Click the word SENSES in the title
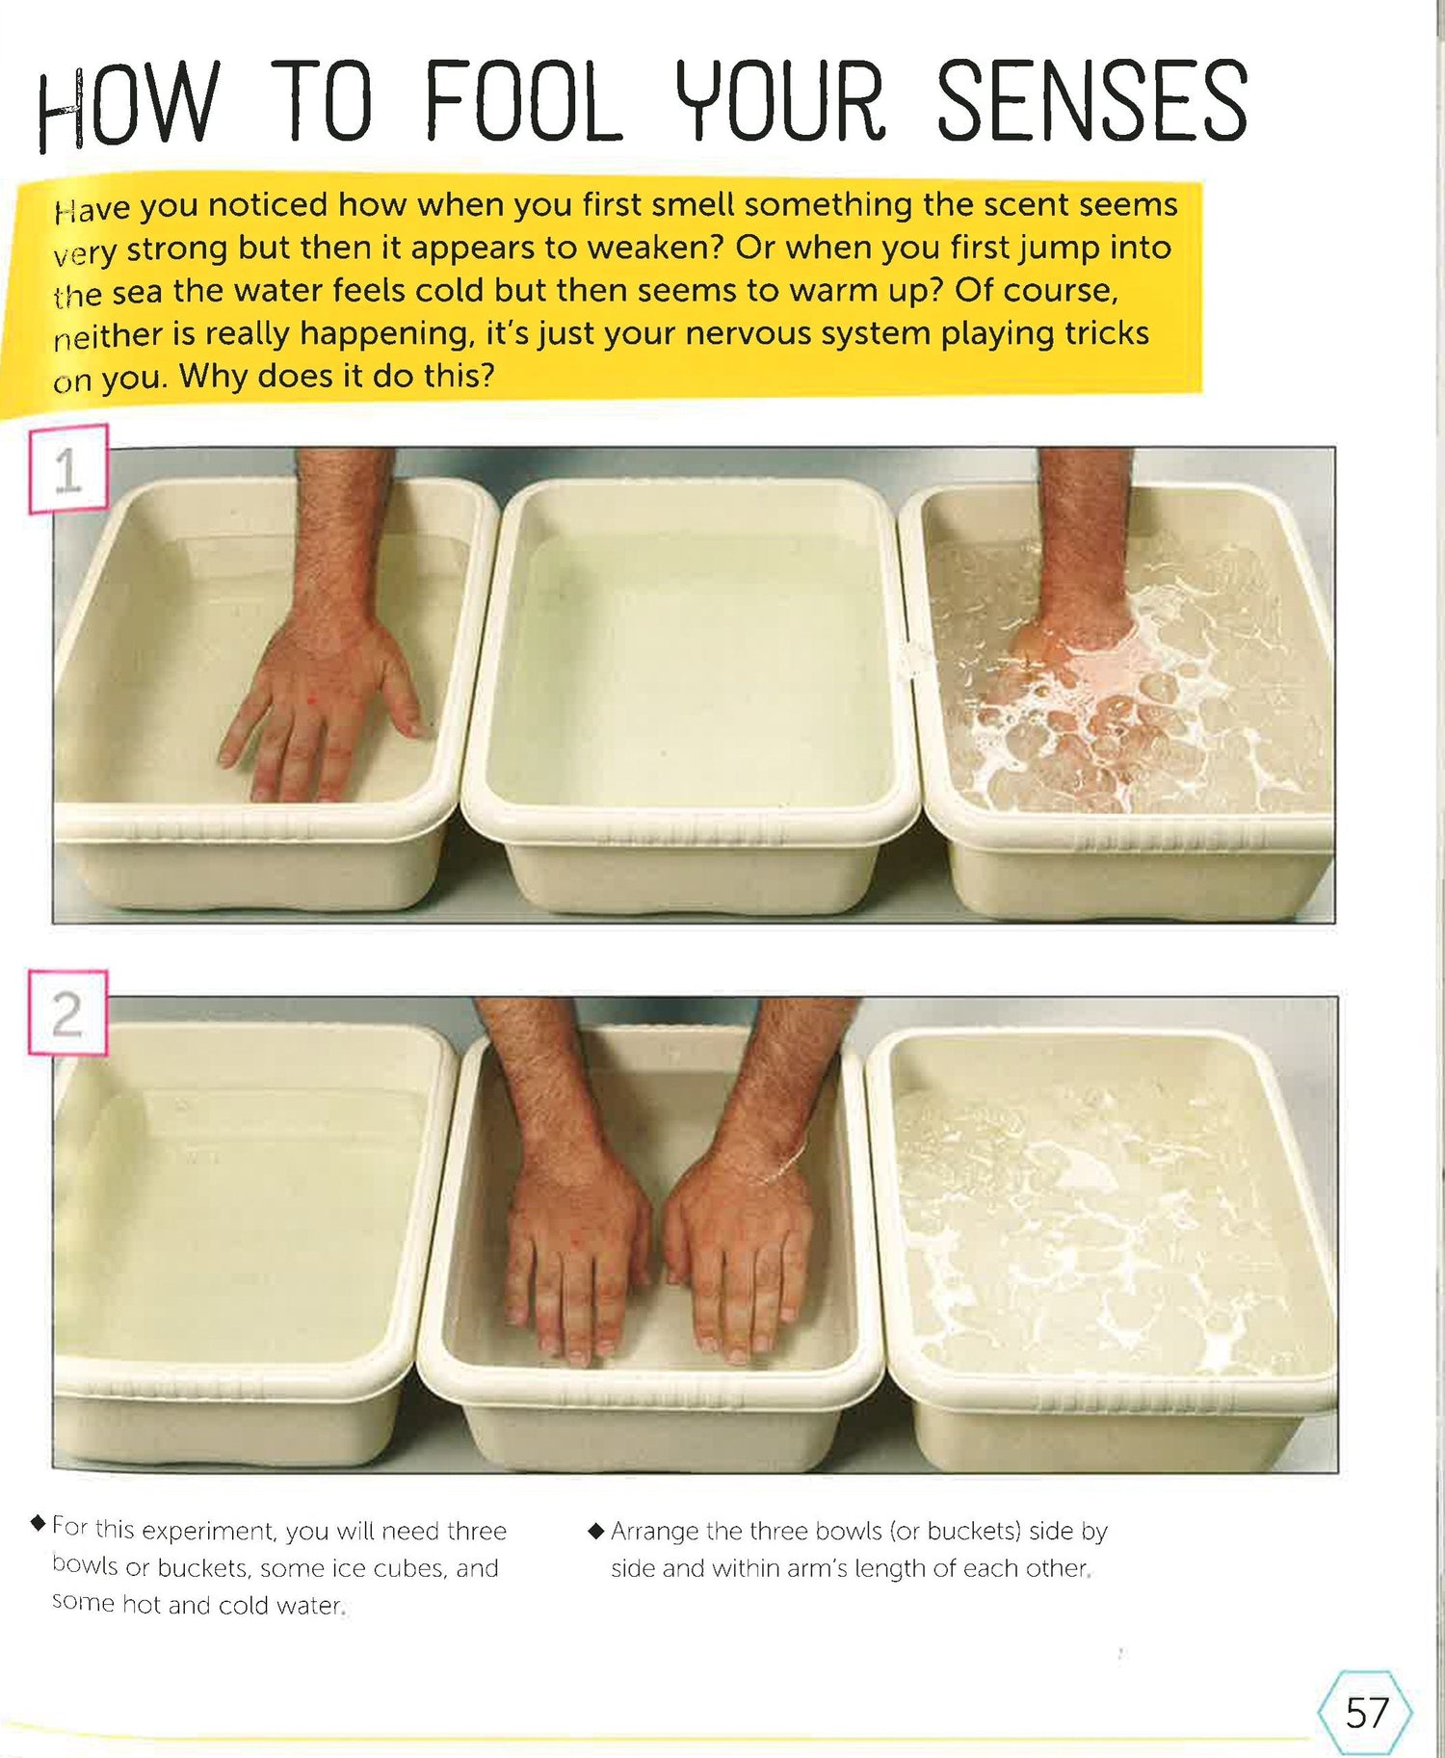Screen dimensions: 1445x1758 (x=1092, y=100)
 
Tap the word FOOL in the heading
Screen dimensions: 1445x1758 (x=524, y=100)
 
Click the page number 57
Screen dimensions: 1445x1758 (x=1367, y=1713)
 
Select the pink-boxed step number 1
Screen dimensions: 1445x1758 (x=68, y=470)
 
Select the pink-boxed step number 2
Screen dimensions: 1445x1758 (x=66, y=1013)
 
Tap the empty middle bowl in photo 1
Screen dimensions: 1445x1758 (x=691, y=694)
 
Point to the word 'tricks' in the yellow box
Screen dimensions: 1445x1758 (x=1107, y=332)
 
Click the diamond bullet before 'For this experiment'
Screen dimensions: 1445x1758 (x=39, y=1523)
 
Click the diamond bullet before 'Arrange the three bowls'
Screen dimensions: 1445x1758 (x=595, y=1530)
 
